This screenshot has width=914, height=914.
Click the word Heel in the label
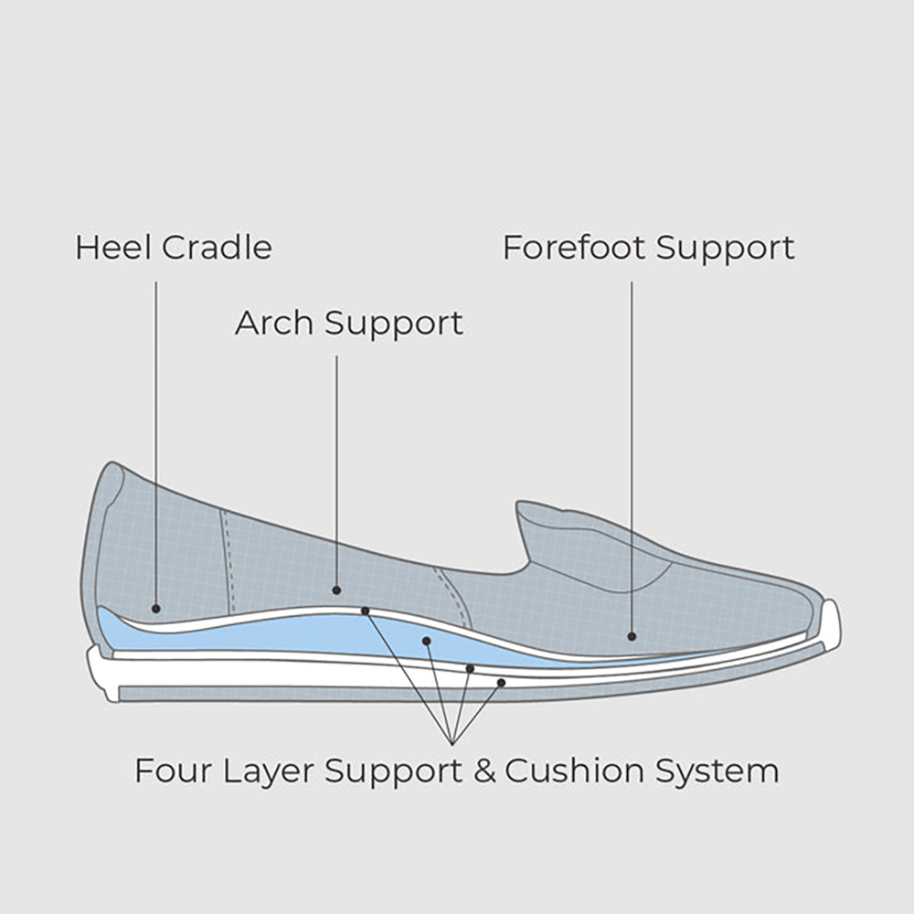click(x=114, y=247)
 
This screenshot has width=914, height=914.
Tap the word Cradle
click(x=217, y=247)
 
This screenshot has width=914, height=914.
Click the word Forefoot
click(x=574, y=247)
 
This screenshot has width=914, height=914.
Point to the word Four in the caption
click(x=174, y=771)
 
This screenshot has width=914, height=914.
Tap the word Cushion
click(x=575, y=771)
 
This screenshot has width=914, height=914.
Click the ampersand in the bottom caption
click(x=484, y=771)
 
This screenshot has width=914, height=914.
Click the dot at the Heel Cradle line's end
click(x=155, y=609)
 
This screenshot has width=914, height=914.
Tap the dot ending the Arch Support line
click(x=336, y=590)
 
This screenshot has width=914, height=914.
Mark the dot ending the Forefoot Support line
click(x=632, y=636)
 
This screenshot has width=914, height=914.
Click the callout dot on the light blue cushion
click(x=427, y=642)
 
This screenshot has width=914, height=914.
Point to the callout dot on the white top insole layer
click(x=366, y=611)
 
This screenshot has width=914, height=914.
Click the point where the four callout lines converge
click(x=453, y=744)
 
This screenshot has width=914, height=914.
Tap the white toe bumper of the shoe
click(x=832, y=625)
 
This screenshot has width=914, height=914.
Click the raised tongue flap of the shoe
click(x=589, y=542)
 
